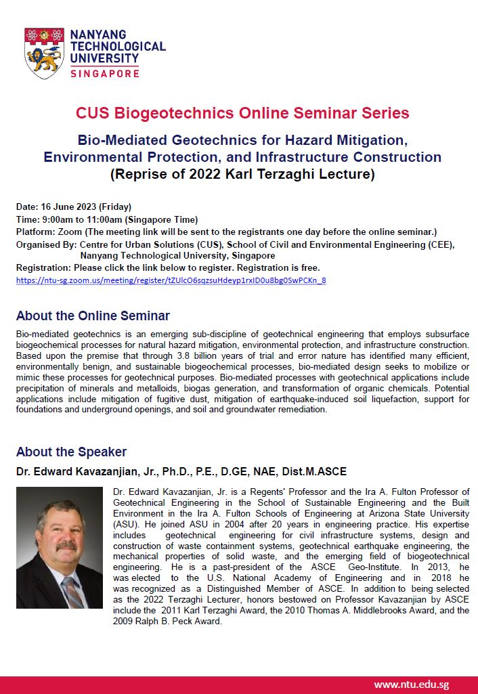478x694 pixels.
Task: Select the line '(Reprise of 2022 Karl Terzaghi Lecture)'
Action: coord(242,173)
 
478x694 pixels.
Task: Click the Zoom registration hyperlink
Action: coord(171,280)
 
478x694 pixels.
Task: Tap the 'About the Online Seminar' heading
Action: coord(93,316)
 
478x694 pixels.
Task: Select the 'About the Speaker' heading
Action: coord(71,452)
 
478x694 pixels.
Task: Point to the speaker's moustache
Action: coord(66,545)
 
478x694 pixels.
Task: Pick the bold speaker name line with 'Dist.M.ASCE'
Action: coord(181,471)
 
